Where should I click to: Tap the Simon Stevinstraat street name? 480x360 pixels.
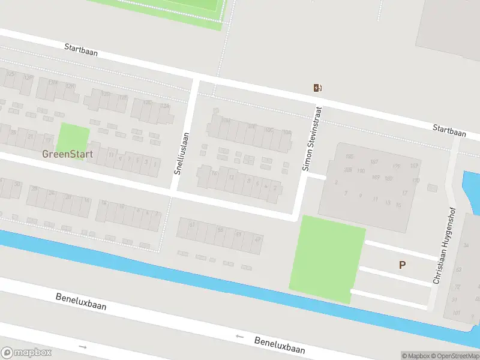coord(312,139)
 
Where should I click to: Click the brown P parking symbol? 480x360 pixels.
coord(402,265)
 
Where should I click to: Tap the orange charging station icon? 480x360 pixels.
coord(317,88)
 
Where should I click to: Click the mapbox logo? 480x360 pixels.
coord(26,353)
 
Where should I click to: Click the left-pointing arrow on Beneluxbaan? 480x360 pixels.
coord(240,337)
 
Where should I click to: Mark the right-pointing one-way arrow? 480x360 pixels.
coord(83,347)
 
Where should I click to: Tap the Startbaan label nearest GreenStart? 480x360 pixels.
coord(80,50)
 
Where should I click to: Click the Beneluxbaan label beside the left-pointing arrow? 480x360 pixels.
coord(280,344)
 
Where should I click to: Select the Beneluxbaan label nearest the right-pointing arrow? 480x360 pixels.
coord(81,301)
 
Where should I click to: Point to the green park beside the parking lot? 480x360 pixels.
coord(328,259)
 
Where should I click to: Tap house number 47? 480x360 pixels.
coord(259,239)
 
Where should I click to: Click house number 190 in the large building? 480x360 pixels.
coord(361,171)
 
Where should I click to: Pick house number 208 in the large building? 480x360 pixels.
coord(348,170)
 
